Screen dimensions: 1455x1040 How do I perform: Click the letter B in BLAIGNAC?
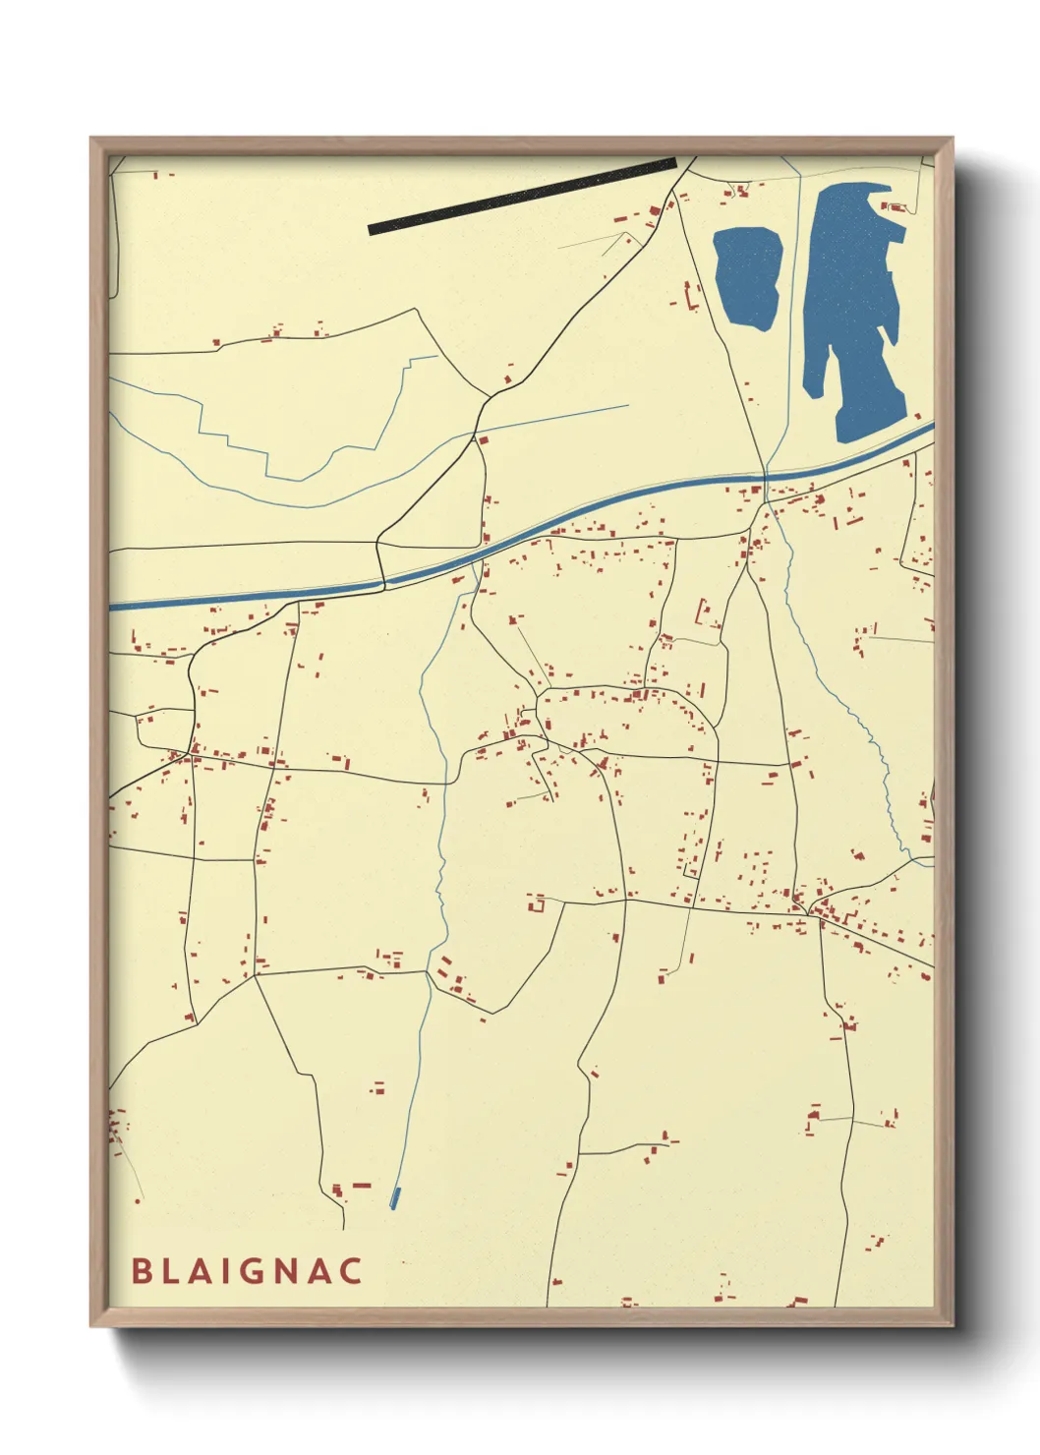click(x=142, y=1271)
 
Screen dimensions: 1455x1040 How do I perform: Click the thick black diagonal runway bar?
click(x=522, y=197)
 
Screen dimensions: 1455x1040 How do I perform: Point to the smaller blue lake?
click(x=748, y=278)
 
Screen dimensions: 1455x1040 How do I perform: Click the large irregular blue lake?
click(x=851, y=305)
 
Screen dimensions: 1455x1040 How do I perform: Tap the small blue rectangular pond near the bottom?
click(x=395, y=1197)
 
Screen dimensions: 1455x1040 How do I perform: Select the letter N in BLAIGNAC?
click(x=286, y=1271)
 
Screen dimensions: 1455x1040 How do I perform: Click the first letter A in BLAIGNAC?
click(x=198, y=1271)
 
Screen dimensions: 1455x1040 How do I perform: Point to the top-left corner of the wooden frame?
click(x=92, y=140)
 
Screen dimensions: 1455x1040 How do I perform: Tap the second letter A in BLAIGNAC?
click(x=319, y=1271)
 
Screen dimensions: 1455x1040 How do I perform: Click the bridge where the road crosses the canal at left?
click(x=382, y=582)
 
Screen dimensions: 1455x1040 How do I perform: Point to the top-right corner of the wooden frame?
click(x=951, y=140)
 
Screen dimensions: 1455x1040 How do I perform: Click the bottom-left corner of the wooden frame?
click(x=92, y=1324)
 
